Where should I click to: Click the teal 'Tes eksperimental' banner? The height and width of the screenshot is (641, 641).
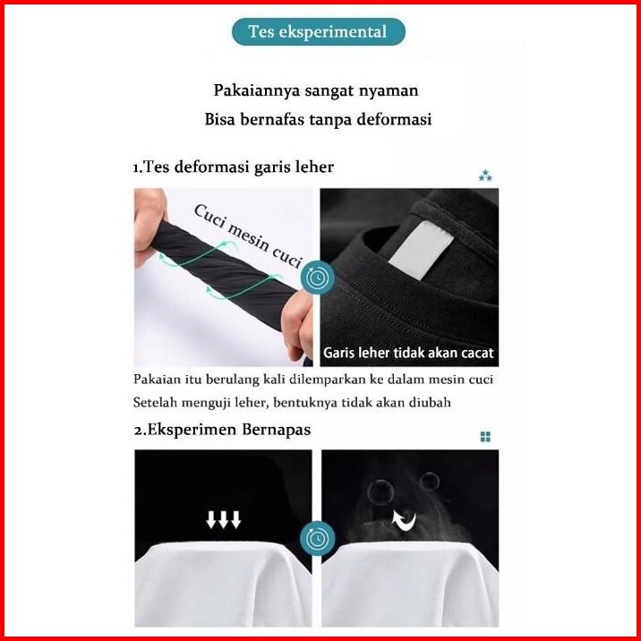coord(319,32)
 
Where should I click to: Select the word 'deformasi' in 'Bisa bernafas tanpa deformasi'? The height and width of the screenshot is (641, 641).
coord(394,119)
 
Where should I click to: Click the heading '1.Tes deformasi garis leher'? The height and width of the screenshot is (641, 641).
coord(234,167)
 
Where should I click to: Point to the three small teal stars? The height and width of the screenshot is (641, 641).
coord(485,175)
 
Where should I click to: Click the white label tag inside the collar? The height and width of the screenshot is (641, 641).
coord(421,250)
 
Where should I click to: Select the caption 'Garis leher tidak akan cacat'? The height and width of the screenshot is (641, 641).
coord(408,353)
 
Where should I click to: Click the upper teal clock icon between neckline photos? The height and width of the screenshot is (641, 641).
coord(318,278)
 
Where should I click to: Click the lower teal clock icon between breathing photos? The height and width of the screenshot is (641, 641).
coord(317,538)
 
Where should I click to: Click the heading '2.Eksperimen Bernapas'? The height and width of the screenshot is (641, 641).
coord(222,430)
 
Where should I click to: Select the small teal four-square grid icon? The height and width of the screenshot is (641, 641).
coord(485,437)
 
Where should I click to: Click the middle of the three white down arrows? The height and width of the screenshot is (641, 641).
coord(223,519)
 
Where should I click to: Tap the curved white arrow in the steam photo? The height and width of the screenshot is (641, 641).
coord(404,521)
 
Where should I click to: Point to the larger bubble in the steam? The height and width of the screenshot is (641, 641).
coord(380,492)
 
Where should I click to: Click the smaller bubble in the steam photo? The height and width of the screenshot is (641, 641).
coord(429,482)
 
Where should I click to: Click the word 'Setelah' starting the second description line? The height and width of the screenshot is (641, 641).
coord(155,403)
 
